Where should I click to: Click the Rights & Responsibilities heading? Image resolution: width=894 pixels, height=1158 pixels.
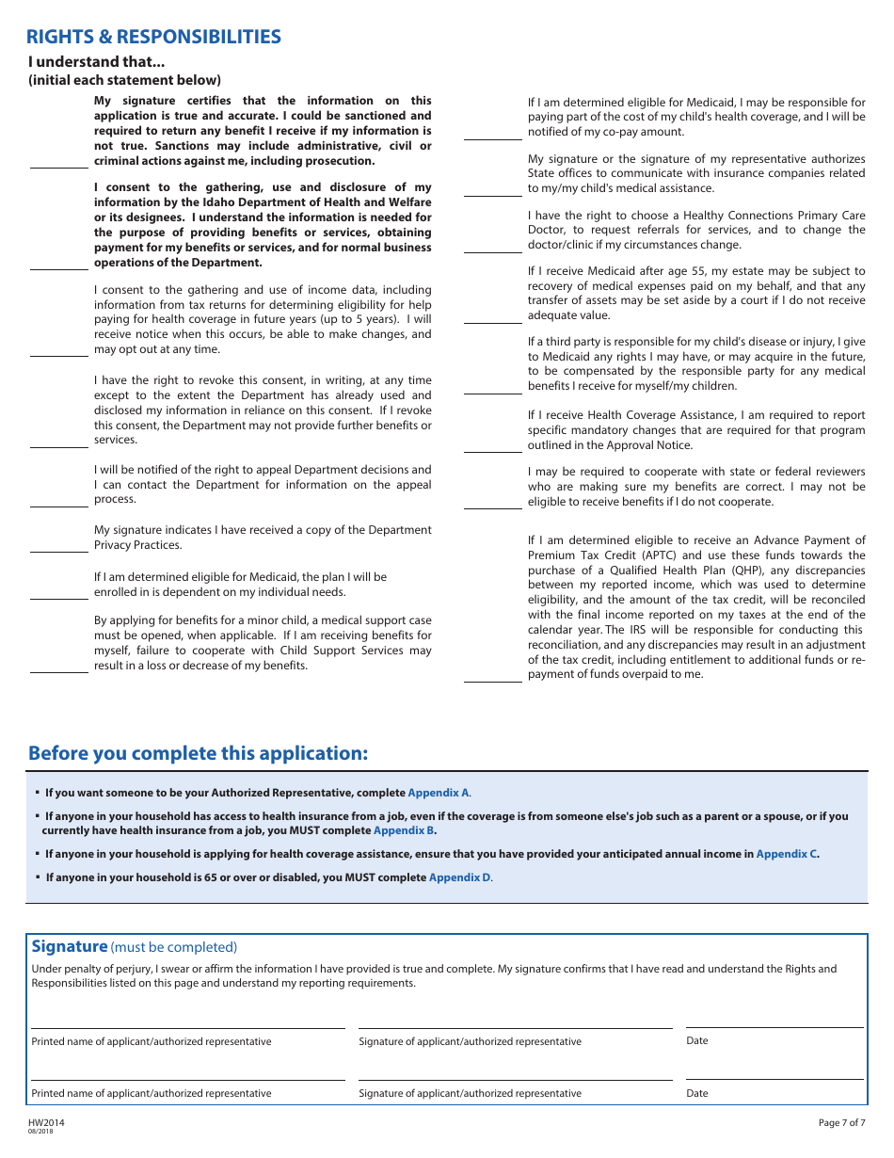point(153,38)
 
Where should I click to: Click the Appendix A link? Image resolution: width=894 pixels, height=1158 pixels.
point(439,794)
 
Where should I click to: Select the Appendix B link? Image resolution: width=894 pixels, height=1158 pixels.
point(404,831)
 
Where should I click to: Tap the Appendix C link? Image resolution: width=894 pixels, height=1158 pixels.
point(787,855)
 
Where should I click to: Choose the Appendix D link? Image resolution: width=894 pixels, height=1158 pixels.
point(459,877)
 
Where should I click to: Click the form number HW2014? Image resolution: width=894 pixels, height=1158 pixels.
point(46,1123)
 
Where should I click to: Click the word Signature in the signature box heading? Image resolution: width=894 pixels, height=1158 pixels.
point(70,947)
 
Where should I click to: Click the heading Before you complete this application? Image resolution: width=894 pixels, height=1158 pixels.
point(198,754)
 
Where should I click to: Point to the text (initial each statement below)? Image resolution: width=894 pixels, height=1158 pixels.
point(124,80)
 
